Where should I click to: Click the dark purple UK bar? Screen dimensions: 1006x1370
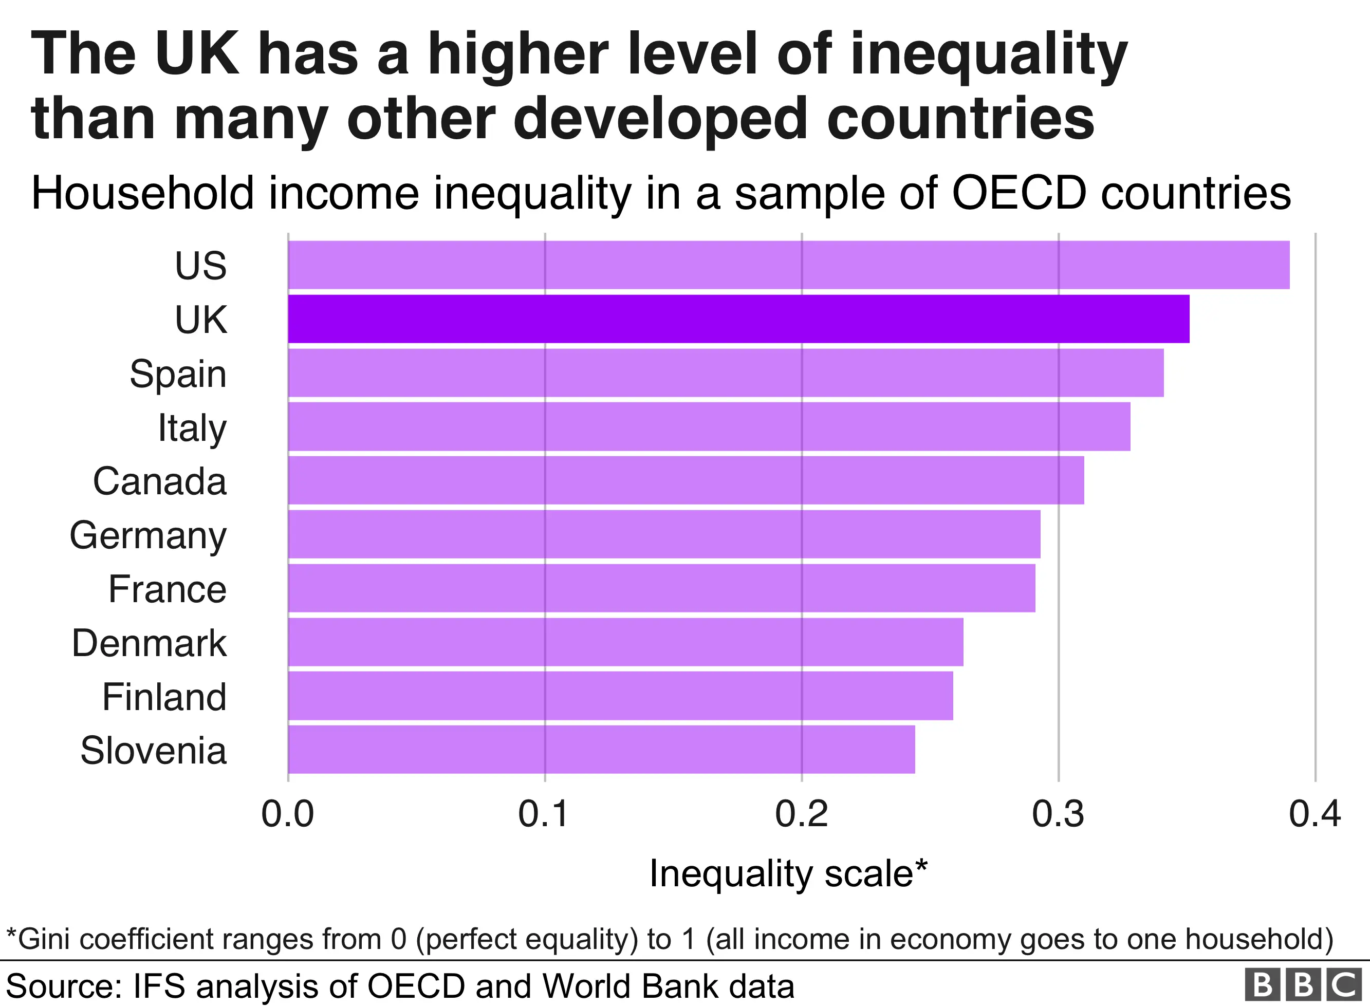coord(738,319)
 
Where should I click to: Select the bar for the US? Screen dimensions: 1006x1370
coord(788,265)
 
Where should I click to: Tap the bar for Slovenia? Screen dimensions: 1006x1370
coord(601,750)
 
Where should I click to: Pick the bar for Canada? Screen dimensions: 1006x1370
coord(686,480)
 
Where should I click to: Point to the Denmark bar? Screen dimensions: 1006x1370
coord(625,642)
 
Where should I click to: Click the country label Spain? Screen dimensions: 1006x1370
coord(178,374)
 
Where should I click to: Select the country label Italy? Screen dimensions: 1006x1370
coord(192,428)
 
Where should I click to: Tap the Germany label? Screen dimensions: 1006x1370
coord(148,536)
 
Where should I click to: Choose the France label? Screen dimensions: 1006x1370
coord(167,589)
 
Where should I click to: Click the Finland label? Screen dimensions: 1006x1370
coord(164,697)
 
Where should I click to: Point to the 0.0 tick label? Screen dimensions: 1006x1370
coord(287,815)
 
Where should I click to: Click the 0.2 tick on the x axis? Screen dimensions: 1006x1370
coord(801,815)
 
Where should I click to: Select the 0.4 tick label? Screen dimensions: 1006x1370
coord(1315,815)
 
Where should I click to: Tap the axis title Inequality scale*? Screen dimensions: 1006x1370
coord(788,874)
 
